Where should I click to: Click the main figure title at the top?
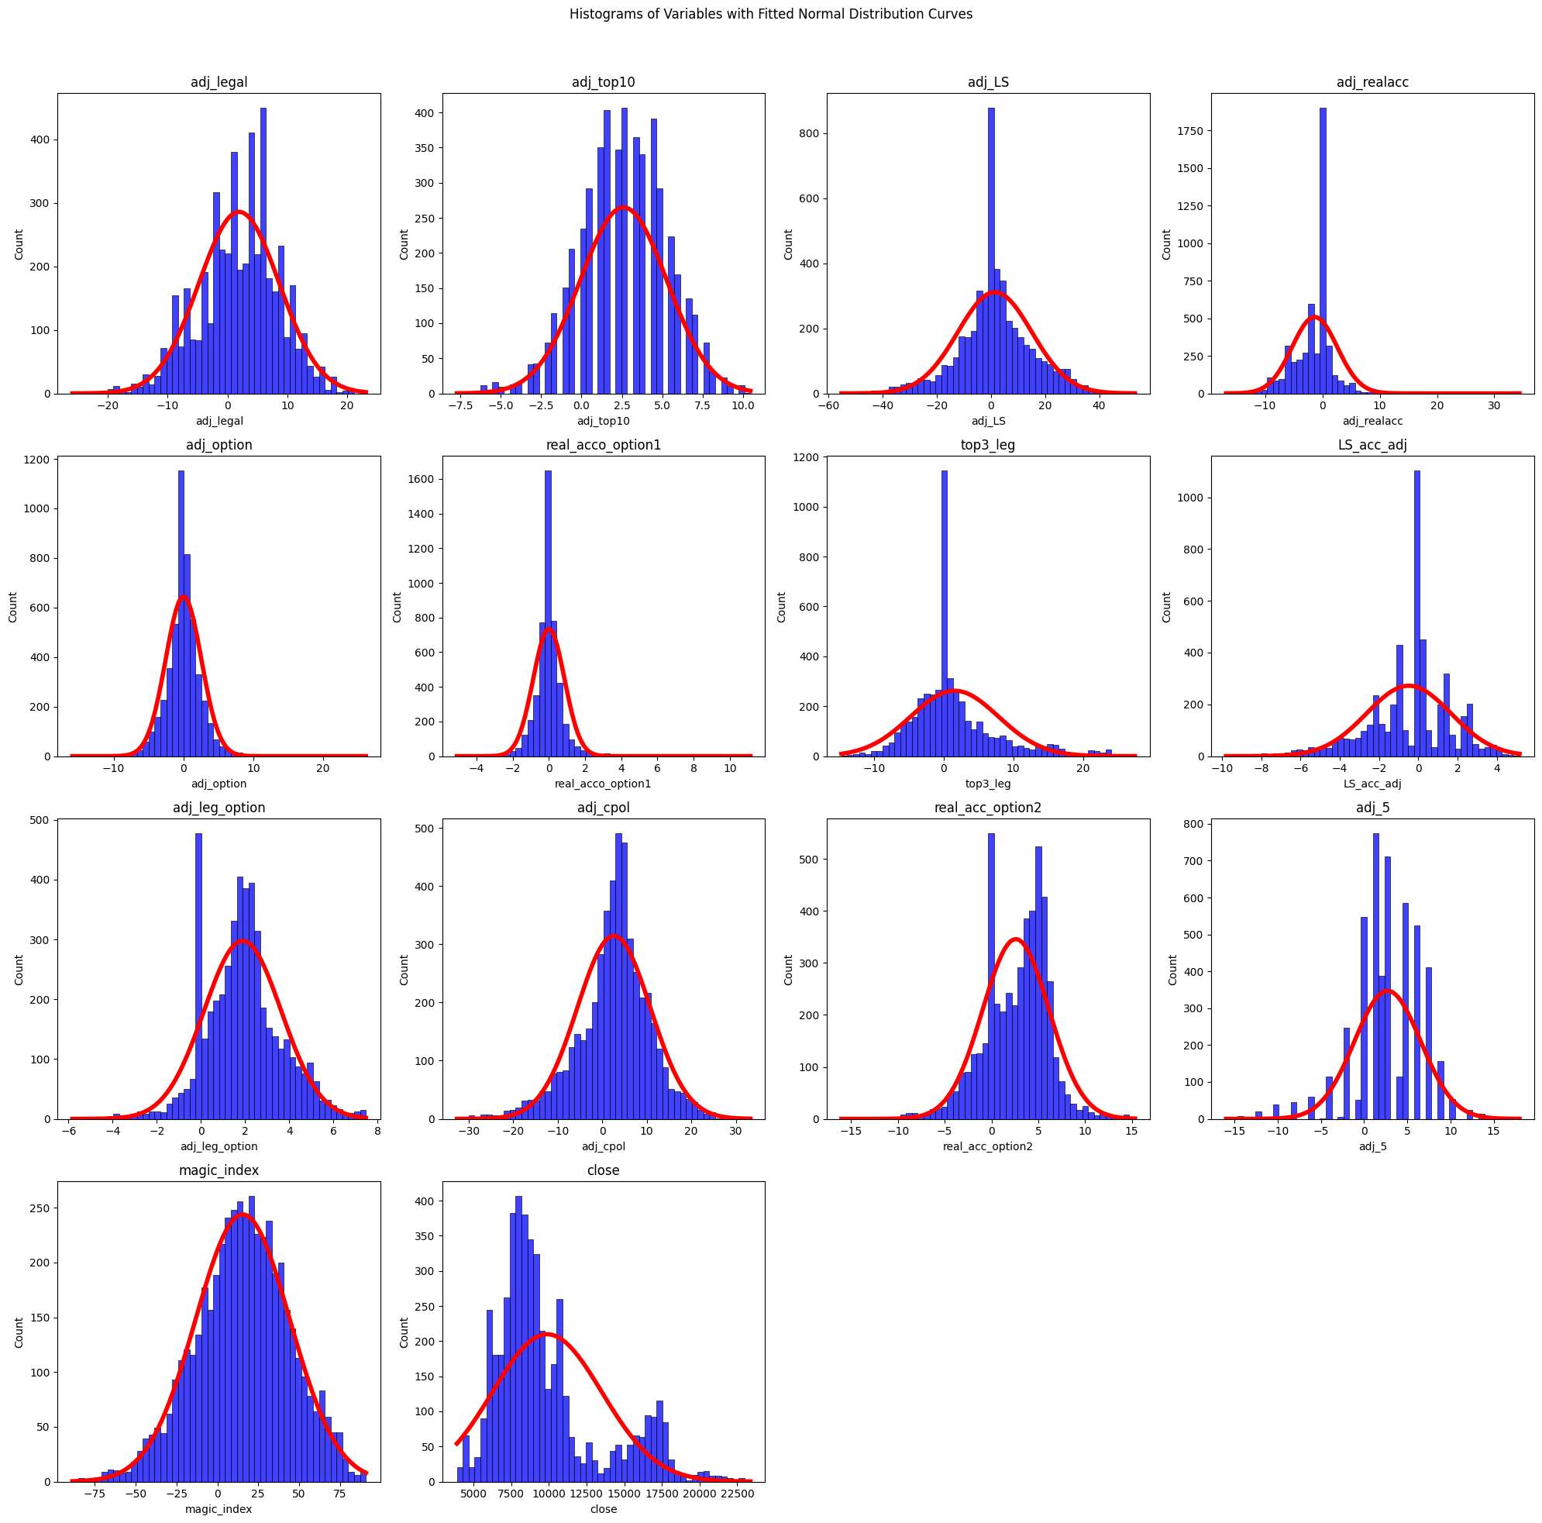[x=771, y=15]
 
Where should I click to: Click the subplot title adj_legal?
[x=218, y=82]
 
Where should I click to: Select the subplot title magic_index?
[x=218, y=1171]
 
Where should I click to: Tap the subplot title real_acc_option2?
[x=987, y=808]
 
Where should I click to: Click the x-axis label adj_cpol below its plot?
[x=604, y=1147]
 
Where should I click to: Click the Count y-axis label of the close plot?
[x=404, y=1332]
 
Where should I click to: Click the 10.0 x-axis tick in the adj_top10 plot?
[x=742, y=405]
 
